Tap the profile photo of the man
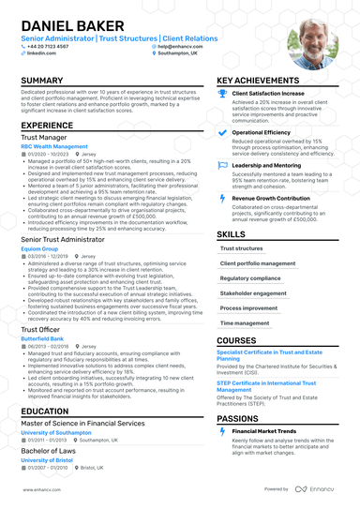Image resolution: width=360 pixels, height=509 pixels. coord(312,43)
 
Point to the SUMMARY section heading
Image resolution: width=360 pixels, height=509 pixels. coord(42,82)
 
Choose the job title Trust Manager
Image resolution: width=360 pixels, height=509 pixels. coord(44,138)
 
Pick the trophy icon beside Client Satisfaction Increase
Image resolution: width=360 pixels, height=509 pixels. coord(222,95)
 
